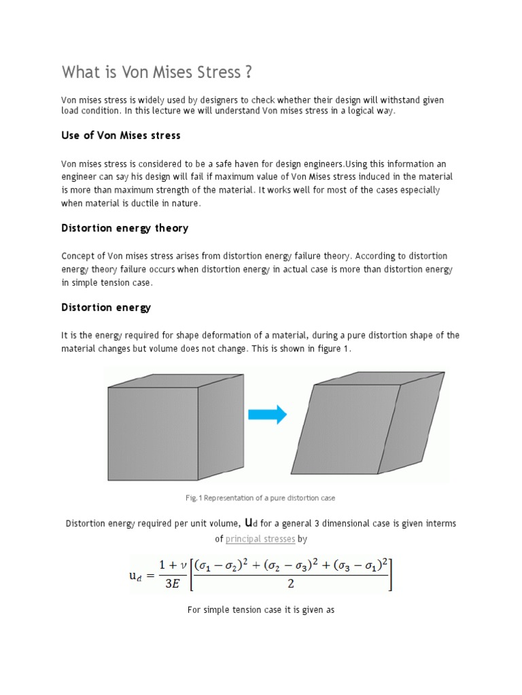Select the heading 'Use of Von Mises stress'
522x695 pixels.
(x=121, y=136)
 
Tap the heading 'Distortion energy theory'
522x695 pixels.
(x=124, y=228)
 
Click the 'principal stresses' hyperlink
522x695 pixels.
(x=260, y=539)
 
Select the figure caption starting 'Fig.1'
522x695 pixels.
(x=260, y=498)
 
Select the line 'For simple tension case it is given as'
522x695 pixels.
(x=261, y=610)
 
